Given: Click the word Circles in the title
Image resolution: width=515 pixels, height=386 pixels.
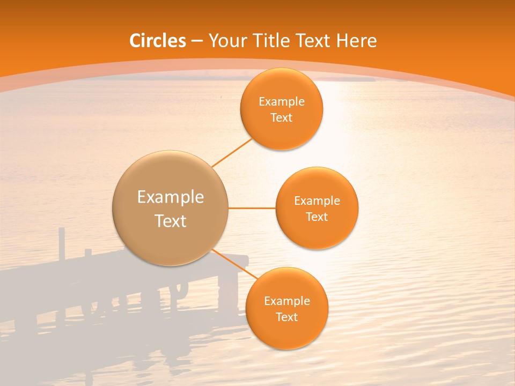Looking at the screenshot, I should coord(158,41).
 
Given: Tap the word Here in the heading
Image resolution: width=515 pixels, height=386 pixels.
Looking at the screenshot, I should coord(356,41).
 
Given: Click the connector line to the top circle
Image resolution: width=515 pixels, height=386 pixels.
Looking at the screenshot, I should coord(232,152).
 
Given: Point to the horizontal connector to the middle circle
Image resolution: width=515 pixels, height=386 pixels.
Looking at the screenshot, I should coord(252,208).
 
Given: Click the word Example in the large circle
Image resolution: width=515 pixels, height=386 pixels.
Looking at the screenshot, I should coord(171,197).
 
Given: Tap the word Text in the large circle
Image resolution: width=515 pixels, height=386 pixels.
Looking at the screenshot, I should coord(171,221).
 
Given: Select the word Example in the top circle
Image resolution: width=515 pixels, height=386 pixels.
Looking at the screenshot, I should coord(282,102).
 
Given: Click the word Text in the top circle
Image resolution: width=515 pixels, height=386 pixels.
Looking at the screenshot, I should coord(282,118).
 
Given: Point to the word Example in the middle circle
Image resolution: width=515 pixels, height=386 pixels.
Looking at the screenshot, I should coord(317,201).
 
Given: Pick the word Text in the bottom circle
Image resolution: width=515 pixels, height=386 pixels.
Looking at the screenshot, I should coord(286,317).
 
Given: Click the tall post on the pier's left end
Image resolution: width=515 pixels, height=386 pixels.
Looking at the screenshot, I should coord(62,244).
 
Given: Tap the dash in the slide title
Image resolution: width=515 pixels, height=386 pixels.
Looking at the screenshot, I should coord(197,41).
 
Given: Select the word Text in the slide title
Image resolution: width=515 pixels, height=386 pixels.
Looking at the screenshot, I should coord(312,41).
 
